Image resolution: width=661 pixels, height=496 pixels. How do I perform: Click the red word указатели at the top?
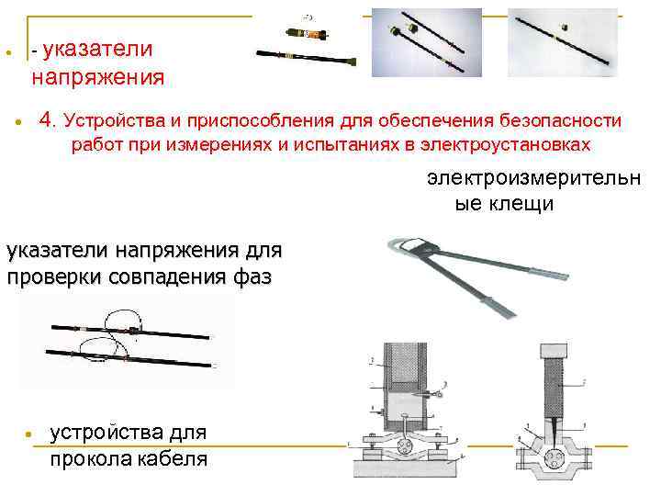[x=97, y=50]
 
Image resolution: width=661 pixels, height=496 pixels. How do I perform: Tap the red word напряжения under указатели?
[x=98, y=77]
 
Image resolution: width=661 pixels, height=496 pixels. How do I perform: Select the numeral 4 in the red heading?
[x=47, y=120]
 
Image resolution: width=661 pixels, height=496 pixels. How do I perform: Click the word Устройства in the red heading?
[x=115, y=121]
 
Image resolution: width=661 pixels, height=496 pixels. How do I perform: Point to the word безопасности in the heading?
[x=561, y=121]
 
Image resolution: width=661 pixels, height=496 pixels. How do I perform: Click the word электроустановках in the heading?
[x=506, y=145]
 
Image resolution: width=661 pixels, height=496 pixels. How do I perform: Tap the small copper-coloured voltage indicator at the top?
[x=308, y=33]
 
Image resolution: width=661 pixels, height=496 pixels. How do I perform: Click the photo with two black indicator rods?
[x=427, y=42]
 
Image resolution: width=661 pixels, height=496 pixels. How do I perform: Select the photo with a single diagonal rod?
[x=563, y=42]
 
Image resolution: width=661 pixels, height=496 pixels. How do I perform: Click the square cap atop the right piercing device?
[x=554, y=350]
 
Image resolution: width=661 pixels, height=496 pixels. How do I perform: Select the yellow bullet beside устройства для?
[x=28, y=434]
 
